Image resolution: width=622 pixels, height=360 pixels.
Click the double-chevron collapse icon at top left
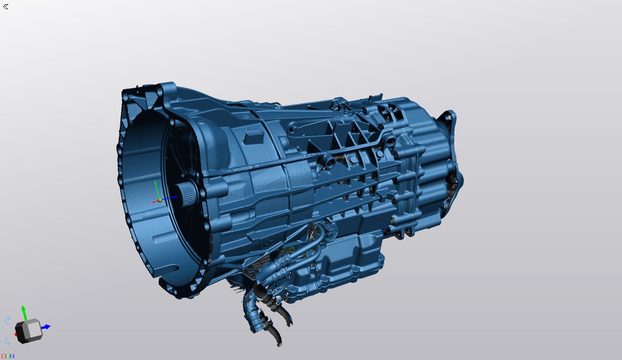(x=6, y=6)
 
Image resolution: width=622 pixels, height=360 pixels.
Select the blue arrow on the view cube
(x=45, y=327)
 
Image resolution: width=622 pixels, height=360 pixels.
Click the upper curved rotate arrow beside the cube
(x=7, y=321)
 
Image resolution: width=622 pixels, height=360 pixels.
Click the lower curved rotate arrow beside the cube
(x=7, y=340)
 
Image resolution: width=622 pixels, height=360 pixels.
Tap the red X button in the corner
(x=3, y=357)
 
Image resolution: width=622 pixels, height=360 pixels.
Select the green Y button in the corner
(x=8, y=357)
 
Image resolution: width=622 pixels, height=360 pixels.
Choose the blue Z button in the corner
(x=12, y=357)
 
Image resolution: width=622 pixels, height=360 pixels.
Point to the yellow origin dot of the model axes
(x=160, y=200)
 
